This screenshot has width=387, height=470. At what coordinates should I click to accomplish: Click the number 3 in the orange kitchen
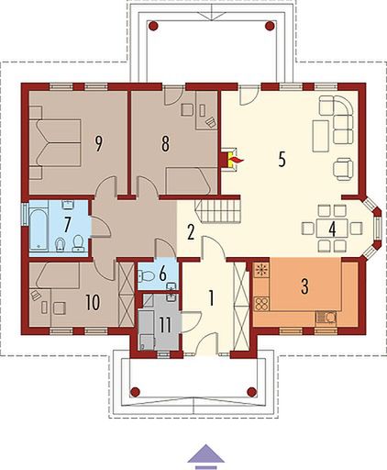tap(303, 285)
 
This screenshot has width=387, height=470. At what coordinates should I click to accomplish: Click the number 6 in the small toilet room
tap(161, 273)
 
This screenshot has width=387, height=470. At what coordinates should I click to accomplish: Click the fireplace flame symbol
tap(236, 161)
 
